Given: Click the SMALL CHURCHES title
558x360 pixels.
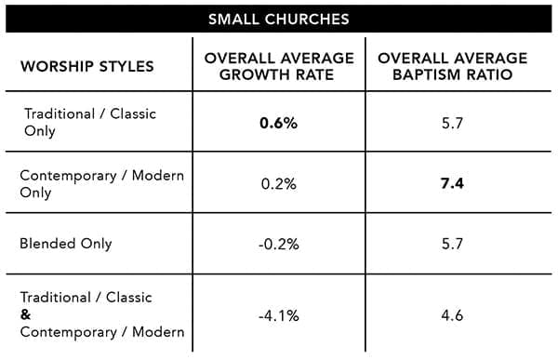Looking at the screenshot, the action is point(279,20).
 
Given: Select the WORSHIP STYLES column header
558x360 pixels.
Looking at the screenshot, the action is point(87,67).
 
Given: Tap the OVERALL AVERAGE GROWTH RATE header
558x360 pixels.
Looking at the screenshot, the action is point(279,67).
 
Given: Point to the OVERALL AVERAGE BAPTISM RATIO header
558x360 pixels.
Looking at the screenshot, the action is point(453,67).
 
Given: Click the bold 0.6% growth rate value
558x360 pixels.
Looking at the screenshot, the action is point(279,123).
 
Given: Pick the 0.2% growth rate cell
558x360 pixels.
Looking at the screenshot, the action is point(279,184).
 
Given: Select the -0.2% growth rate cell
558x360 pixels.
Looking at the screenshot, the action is point(279,245).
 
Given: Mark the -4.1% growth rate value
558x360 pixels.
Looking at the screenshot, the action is point(279,316).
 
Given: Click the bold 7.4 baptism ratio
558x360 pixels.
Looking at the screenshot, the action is point(452,184).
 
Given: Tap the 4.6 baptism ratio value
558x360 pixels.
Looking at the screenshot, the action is point(452,315).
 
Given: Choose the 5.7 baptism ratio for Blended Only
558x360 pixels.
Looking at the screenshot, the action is point(452,245).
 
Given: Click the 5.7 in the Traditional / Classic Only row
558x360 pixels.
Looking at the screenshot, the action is point(452,123).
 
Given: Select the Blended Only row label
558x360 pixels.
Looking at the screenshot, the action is point(66,244).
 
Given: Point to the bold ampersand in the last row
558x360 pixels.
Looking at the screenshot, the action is point(26,314).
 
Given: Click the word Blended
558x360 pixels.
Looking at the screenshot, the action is point(47,244).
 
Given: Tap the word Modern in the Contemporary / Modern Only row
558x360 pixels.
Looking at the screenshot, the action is point(158,176).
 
